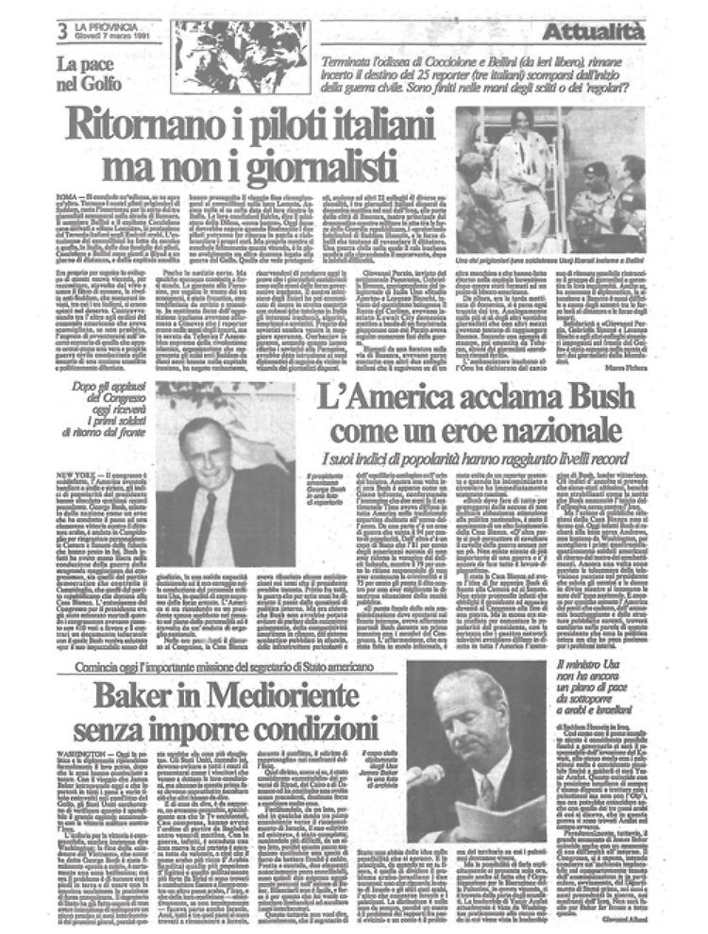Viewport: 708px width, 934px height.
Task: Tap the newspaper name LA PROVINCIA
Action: pyautogui.click(x=106, y=25)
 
